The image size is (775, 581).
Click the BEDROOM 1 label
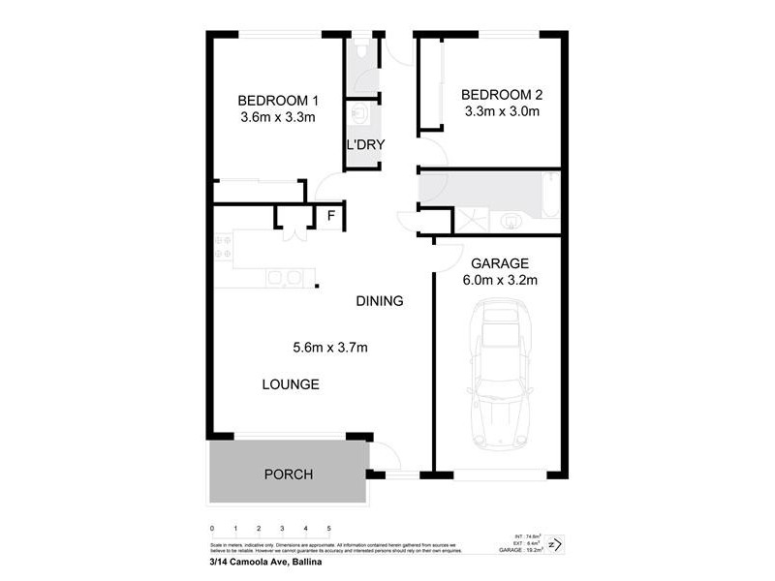278,100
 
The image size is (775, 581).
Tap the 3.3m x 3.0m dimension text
500,111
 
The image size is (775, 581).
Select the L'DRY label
366,145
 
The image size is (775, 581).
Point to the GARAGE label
499,263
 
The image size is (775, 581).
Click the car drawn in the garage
500,378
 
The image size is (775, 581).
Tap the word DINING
379,301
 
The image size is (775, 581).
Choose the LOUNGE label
291,384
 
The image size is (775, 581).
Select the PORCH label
289,474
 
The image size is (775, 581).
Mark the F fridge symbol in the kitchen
330,216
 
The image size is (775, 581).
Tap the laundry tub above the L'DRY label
360,117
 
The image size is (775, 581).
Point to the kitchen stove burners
222,247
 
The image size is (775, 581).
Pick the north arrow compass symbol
555,545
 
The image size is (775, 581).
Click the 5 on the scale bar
328,528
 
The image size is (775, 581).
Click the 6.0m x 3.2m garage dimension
499,281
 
